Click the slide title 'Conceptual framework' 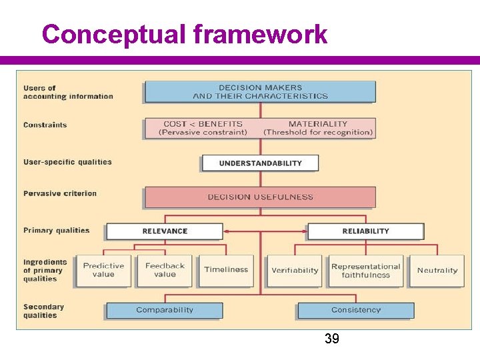click(184, 34)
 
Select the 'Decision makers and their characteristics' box click(260, 92)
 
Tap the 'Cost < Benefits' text click(203, 124)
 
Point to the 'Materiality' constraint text click(318, 124)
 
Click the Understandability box click(260, 163)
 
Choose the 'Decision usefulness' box click(260, 197)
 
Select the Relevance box click(165, 231)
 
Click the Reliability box click(365, 231)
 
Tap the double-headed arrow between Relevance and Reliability click(265, 231)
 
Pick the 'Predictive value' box click(103, 270)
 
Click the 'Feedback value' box click(165, 270)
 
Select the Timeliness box click(226, 270)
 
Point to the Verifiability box click(295, 271)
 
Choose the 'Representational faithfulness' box click(365, 271)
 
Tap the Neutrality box click(437, 271)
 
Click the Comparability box click(165, 310)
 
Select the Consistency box click(356, 310)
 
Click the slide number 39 click(331, 339)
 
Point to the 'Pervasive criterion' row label click(60, 194)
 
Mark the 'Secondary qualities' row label click(44, 311)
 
